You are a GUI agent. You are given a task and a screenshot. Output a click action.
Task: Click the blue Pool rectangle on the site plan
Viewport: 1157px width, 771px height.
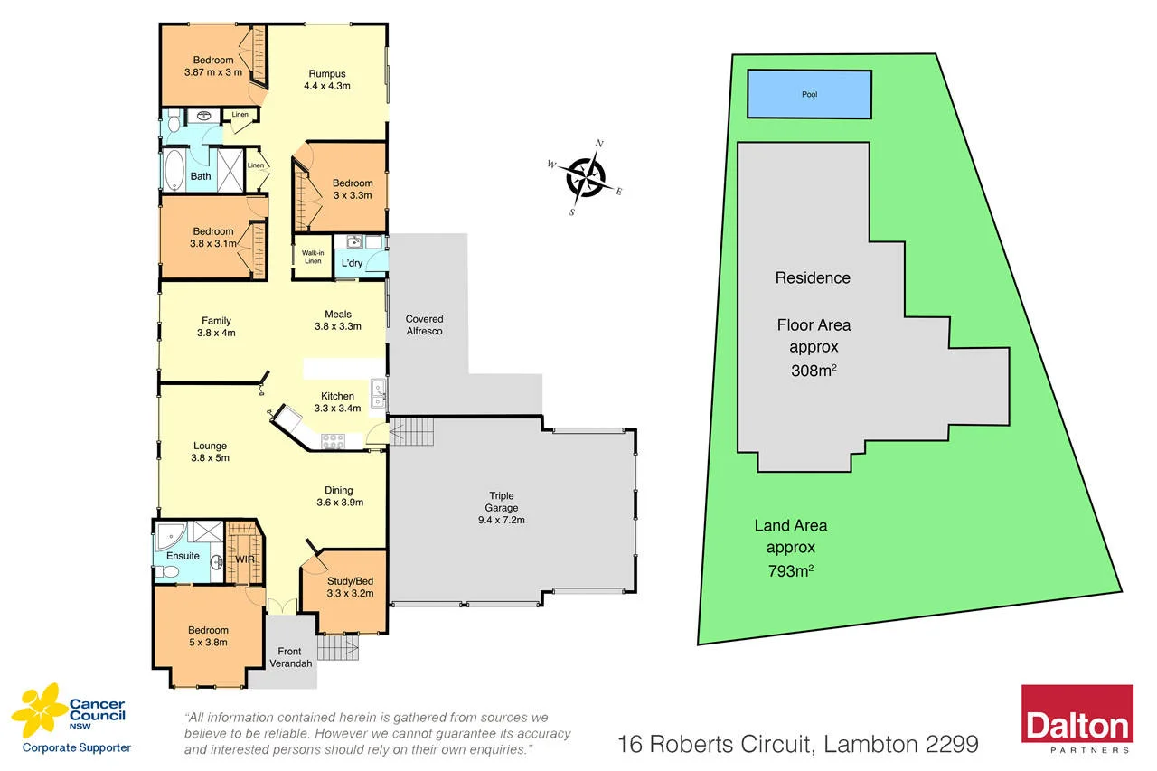(x=809, y=94)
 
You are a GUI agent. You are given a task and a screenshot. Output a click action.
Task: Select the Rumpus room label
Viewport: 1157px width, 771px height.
(x=326, y=74)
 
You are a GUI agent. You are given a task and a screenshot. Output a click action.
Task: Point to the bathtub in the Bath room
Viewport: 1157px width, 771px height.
(x=174, y=168)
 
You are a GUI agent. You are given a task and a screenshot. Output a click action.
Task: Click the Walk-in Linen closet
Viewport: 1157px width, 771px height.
(x=312, y=257)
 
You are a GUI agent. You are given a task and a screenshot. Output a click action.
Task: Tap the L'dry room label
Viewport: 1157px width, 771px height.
(x=352, y=263)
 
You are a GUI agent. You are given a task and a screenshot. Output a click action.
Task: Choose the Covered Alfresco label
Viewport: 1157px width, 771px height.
(x=424, y=325)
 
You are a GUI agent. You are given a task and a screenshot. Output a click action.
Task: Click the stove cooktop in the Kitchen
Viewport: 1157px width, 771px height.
(x=334, y=441)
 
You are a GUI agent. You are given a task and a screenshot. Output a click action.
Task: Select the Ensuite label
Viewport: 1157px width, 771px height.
(x=183, y=555)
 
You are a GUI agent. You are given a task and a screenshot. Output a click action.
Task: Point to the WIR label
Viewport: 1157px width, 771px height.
(x=244, y=560)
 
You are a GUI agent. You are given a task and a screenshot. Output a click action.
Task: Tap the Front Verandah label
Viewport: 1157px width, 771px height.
(x=291, y=657)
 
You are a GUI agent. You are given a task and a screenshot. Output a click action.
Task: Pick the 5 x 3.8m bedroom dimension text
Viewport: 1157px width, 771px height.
(x=208, y=643)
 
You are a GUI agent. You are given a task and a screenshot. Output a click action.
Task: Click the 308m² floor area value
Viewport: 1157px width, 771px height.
(x=812, y=369)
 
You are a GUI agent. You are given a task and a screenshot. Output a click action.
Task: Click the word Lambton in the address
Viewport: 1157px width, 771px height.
(x=868, y=744)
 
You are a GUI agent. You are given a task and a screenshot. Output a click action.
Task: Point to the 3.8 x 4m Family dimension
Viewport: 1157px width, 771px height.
(x=216, y=333)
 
